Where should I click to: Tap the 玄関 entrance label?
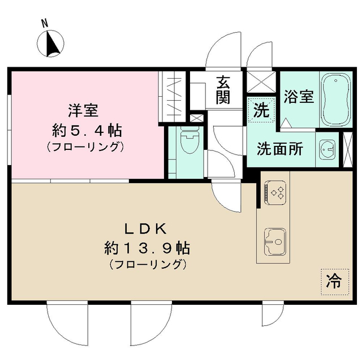223,91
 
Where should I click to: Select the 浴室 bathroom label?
299,97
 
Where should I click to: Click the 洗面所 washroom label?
280,148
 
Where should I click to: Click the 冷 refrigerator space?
335,281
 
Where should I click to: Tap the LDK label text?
146,229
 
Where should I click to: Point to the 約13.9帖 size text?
146,248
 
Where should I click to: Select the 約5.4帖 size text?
87,130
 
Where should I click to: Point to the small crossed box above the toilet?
197,119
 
